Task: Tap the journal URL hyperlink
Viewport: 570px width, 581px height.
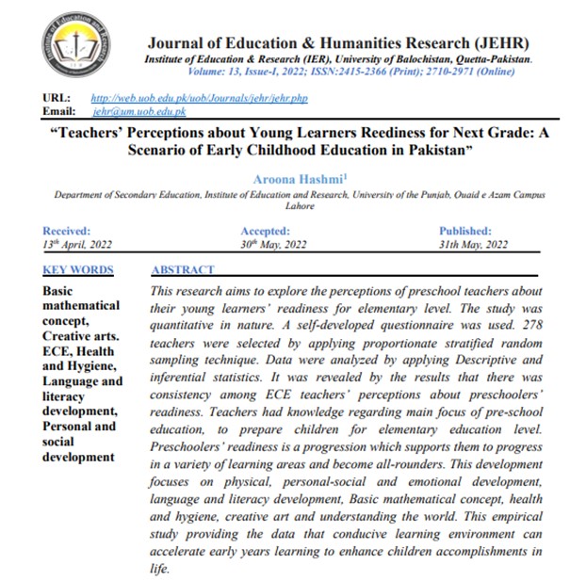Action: coord(199,98)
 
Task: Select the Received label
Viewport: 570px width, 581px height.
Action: coord(67,231)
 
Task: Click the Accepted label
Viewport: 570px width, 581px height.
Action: coord(266,231)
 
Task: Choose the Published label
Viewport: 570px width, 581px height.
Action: coord(464,231)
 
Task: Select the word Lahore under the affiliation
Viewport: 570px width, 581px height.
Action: coord(300,206)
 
